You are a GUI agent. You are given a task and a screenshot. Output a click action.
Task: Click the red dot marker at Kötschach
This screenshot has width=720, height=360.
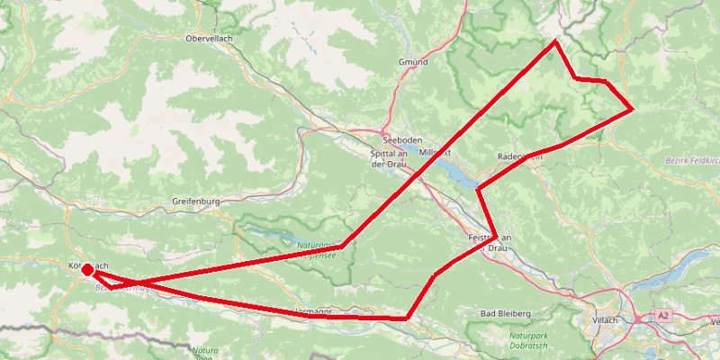[86, 269]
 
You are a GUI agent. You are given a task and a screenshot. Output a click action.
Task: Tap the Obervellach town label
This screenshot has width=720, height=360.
[210, 40]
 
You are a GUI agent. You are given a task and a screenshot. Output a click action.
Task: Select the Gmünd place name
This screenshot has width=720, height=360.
[412, 62]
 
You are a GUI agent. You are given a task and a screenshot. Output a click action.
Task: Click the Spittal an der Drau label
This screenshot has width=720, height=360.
[391, 159]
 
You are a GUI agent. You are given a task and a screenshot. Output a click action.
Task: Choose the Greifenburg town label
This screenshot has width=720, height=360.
[195, 202]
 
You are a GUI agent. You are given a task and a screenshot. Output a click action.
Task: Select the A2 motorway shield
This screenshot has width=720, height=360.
[663, 316]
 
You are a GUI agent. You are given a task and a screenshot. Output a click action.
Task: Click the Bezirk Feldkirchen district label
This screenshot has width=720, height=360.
[693, 159]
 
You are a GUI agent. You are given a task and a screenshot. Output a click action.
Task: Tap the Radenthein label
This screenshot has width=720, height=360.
[519, 157]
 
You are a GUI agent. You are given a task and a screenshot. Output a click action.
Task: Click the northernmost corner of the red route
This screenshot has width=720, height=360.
[555, 41]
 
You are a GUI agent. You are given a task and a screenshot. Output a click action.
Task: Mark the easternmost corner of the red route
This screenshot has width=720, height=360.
[633, 110]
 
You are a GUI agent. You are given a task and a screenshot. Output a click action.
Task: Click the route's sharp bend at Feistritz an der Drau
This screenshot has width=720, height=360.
[496, 236]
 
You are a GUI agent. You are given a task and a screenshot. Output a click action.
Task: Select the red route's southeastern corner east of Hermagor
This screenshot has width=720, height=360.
[408, 318]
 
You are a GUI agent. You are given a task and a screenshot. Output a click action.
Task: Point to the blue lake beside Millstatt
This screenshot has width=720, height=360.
[460, 173]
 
